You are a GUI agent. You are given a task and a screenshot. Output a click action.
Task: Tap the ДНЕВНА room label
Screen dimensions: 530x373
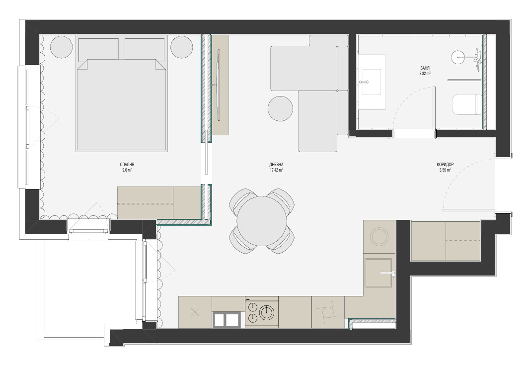(276, 165)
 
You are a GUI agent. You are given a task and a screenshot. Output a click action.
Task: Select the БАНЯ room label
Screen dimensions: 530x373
(425, 68)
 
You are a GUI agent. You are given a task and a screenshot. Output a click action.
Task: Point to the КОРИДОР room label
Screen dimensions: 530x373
(445, 165)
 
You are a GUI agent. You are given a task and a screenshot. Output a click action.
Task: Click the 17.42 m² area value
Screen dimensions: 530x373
(276, 170)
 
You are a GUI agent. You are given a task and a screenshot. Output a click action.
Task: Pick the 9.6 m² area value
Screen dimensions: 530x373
(127, 170)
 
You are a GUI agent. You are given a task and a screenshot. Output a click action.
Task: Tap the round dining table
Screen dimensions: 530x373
(262, 221)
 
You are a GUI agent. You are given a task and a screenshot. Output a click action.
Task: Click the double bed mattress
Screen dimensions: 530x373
(122, 105)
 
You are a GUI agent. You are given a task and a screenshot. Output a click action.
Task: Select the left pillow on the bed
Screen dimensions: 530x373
(98, 49)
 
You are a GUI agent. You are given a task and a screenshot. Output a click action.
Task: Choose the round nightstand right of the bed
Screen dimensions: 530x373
(181, 47)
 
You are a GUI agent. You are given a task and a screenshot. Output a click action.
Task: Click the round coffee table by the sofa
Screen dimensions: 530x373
(280, 108)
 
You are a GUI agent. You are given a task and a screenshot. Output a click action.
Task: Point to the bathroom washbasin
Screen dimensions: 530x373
(372, 82)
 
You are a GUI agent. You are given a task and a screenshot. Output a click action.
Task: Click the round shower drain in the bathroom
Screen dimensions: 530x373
(458, 57)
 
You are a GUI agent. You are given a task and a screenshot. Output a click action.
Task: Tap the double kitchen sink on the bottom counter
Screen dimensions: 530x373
(227, 319)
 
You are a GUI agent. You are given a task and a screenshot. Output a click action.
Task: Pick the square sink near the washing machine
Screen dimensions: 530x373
(378, 272)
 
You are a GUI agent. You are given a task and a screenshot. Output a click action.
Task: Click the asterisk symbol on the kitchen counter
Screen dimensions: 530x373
(195, 312)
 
